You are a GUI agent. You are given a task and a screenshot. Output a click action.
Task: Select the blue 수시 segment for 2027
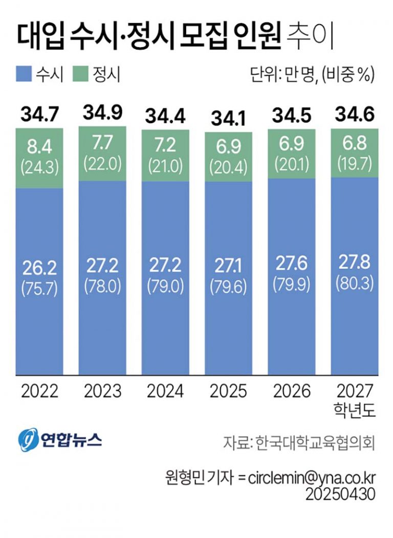pyautogui.click(x=355, y=327)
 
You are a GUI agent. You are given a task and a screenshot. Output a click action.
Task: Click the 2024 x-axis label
pyautogui.click(x=165, y=391)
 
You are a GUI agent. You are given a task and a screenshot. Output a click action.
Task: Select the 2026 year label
pyautogui.click(x=292, y=391)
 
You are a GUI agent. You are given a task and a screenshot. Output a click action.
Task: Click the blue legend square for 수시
pyautogui.click(x=24, y=75)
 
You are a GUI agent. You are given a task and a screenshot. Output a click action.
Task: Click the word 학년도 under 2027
pyautogui.click(x=355, y=410)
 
